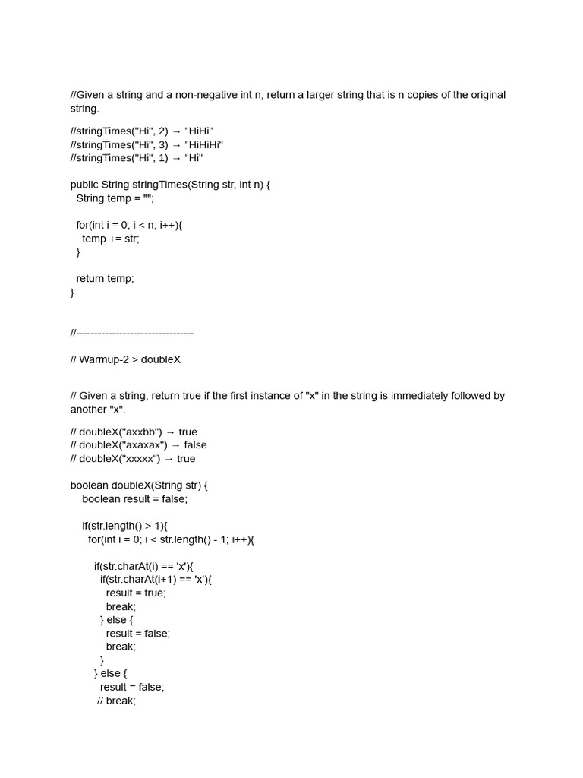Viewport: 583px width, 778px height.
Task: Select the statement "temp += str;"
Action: [111, 239]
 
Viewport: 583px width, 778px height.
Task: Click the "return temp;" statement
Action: [105, 278]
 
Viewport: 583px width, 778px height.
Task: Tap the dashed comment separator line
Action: [132, 333]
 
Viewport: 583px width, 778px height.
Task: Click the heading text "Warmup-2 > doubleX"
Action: [130, 359]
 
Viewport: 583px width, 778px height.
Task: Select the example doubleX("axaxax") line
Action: [138, 445]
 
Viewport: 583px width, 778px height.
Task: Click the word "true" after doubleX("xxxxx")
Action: [186, 459]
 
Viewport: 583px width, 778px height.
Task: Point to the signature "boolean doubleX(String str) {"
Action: [139, 485]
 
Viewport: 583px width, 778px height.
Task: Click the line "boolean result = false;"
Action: [134, 498]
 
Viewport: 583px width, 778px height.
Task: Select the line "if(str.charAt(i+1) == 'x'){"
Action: [156, 580]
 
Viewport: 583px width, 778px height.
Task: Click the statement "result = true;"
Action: [136, 593]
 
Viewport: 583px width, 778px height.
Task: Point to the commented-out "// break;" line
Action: [116, 701]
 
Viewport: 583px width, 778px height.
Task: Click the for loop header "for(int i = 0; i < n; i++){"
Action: [129, 225]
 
